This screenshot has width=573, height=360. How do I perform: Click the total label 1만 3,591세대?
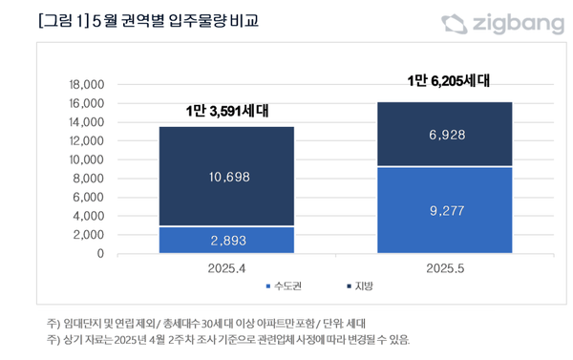pos(226,112)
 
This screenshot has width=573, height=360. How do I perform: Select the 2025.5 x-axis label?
pos(446,268)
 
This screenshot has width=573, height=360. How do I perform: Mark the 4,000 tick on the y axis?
pos(89,217)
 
